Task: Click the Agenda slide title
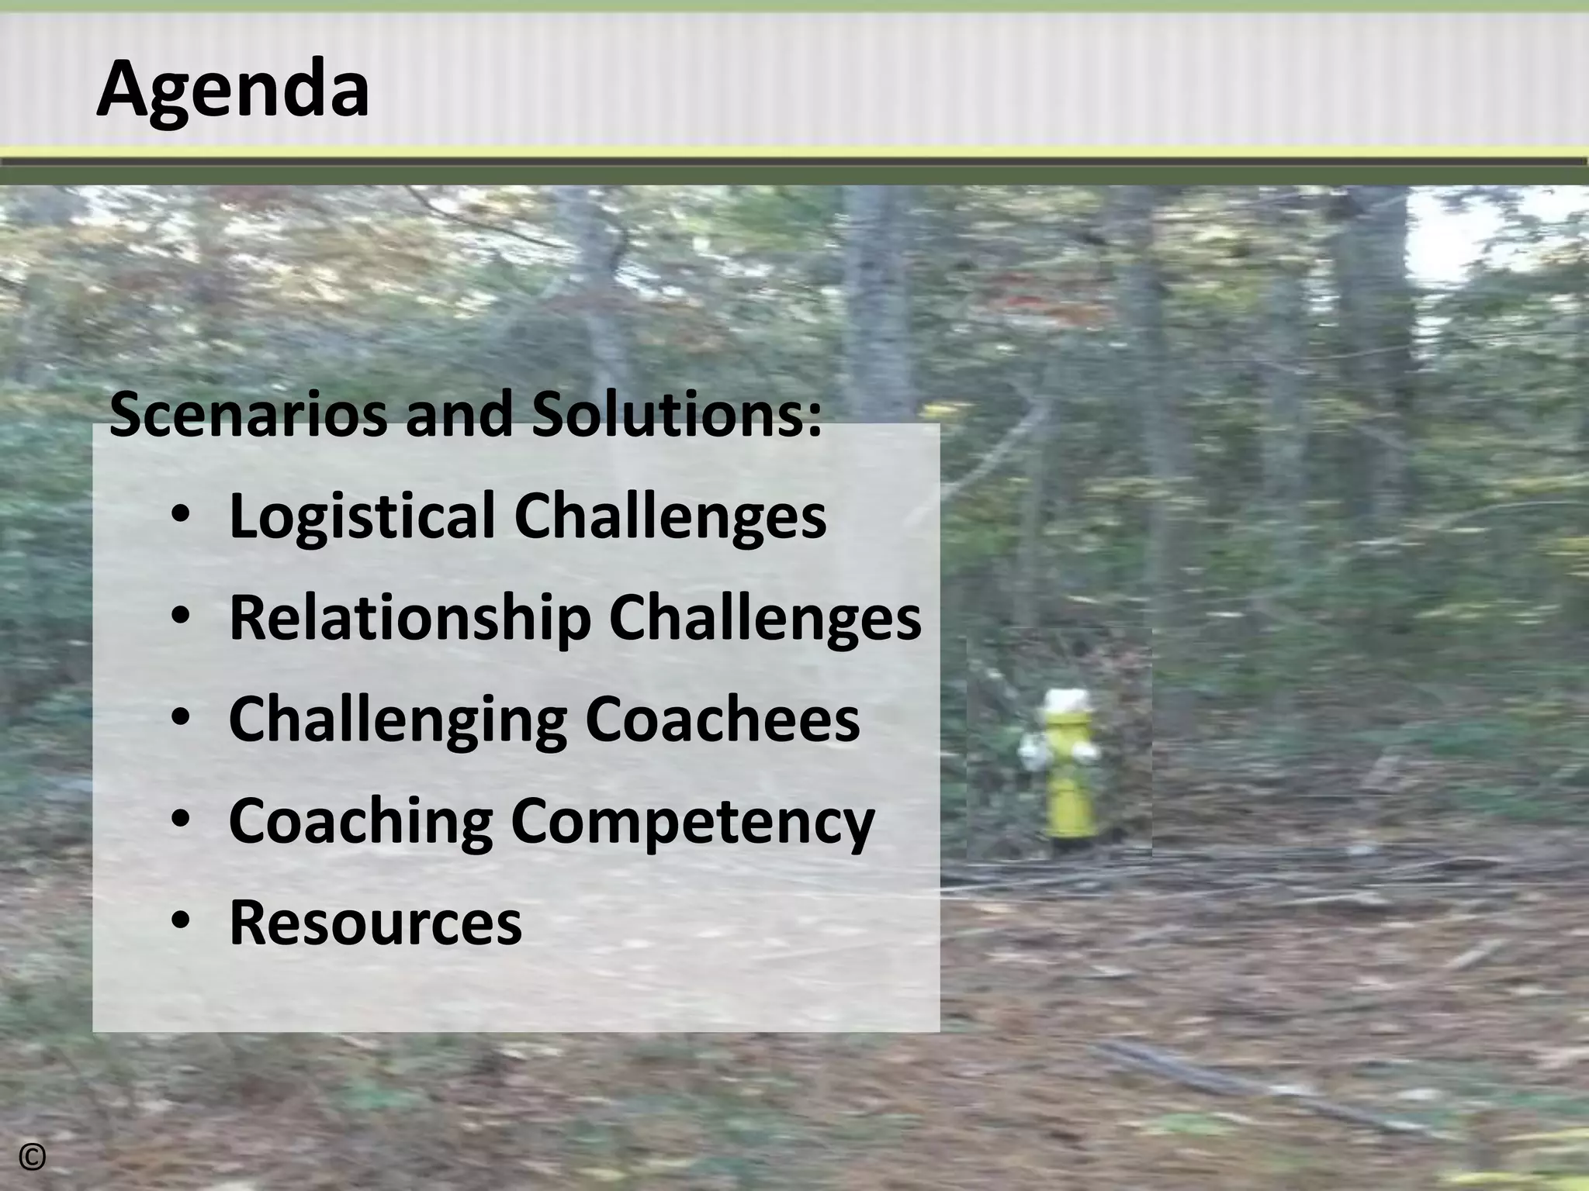(233, 91)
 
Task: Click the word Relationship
(409, 619)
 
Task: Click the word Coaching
(361, 822)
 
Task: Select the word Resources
(376, 923)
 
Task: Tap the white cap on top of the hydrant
(1066, 702)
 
